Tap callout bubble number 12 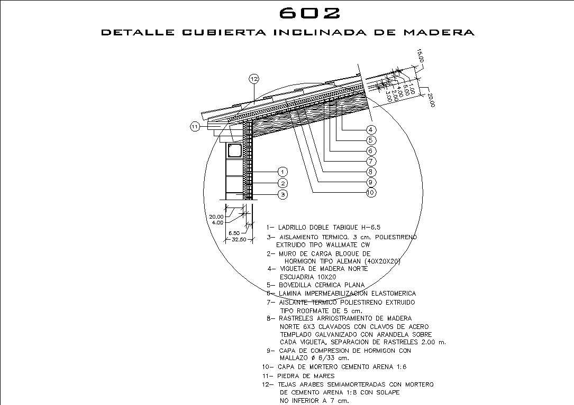tap(254, 79)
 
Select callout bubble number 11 tap(195, 126)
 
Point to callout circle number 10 tap(371, 193)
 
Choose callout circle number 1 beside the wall tap(283, 172)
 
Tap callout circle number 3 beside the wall tap(283, 194)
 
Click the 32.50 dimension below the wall tap(240, 240)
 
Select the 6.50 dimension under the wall tap(234, 232)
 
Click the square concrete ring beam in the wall tap(234, 150)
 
